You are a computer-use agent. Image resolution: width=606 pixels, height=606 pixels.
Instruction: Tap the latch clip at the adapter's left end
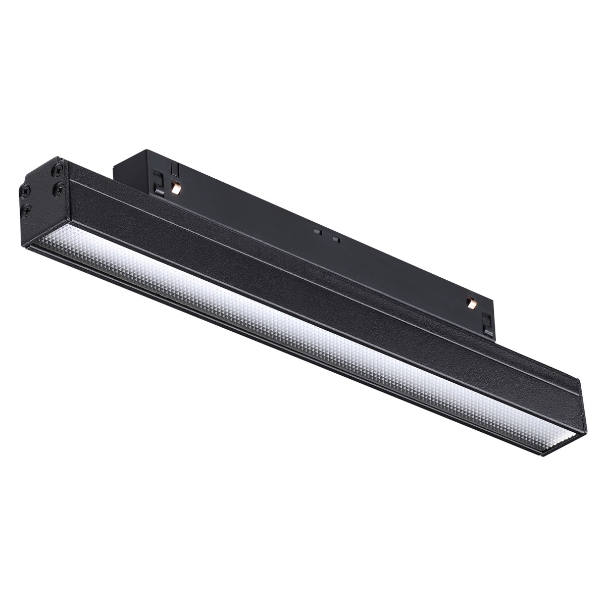click(159, 184)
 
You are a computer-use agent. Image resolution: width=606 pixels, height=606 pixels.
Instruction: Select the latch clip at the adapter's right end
click(488, 324)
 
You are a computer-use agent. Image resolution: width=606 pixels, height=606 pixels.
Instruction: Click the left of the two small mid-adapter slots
click(317, 231)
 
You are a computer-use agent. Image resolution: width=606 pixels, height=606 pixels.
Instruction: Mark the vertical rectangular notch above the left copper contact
click(175, 168)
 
